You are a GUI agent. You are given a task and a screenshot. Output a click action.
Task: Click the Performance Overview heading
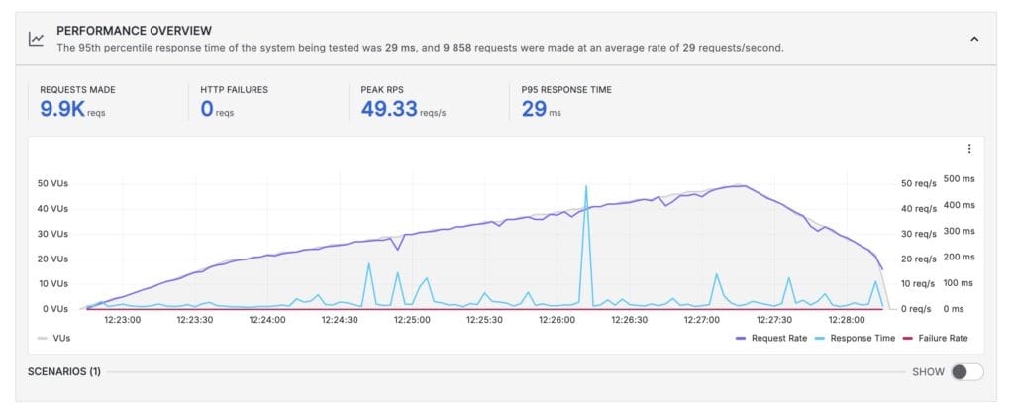point(134,31)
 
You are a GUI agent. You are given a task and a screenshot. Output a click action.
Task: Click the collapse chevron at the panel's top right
point(973,39)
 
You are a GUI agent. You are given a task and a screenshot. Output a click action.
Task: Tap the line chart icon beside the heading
point(37,39)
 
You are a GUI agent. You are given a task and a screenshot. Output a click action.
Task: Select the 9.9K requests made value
point(62,109)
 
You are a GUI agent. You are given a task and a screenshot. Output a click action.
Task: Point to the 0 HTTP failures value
point(207,109)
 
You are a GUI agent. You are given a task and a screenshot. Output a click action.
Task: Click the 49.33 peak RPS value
point(389,109)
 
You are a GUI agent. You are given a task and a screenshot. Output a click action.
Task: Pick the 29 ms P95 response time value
point(534,109)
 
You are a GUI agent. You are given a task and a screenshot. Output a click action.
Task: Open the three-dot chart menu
point(968,149)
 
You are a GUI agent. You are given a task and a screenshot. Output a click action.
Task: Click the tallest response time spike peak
point(586,186)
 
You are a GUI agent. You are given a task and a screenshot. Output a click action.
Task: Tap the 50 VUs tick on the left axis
point(51,183)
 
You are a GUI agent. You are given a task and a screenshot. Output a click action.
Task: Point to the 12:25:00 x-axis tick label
point(411,320)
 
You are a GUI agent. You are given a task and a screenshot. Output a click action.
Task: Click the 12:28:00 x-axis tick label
point(846,320)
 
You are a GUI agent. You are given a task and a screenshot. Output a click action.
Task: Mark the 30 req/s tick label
point(919,234)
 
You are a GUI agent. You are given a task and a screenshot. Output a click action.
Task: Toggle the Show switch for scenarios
point(966,372)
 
